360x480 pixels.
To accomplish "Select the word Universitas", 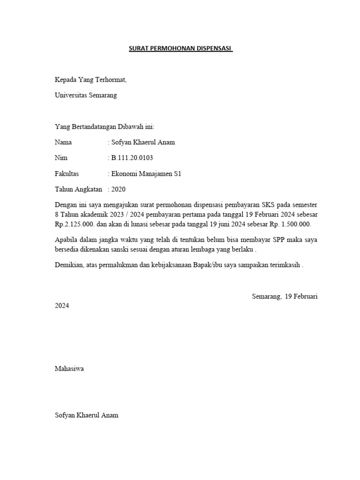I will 71,96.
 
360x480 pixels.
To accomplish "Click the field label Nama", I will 63,142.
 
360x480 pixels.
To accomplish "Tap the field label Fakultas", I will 67,174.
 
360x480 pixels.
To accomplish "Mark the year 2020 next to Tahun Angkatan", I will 118,189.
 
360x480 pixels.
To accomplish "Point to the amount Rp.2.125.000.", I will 75,224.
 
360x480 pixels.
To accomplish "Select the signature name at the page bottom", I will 87,415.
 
